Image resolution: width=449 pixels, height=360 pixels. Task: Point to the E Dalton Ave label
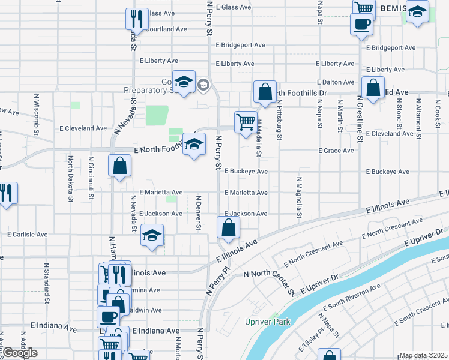[336, 82]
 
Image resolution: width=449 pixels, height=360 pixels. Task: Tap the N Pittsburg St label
[279, 120]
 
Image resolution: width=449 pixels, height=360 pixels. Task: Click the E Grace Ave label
[336, 151]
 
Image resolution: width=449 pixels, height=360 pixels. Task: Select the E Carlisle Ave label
[27, 234]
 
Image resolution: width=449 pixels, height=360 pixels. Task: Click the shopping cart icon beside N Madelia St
[246, 121]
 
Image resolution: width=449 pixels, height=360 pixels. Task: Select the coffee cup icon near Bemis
[361, 24]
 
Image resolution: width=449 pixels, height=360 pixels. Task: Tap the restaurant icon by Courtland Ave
[137, 19]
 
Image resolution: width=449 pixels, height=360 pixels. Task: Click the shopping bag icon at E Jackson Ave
[228, 227]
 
